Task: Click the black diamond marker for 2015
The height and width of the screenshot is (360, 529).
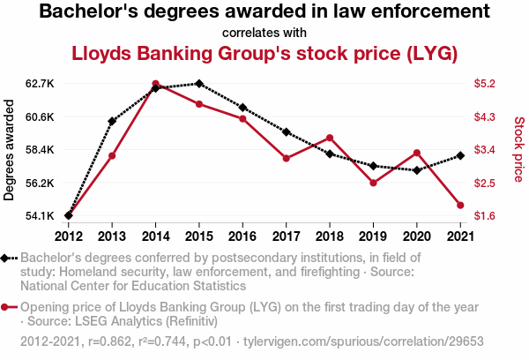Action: point(199,84)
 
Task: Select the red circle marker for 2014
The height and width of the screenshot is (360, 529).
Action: point(155,84)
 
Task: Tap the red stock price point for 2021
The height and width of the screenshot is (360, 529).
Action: point(460,206)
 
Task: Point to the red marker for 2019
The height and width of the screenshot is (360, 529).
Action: point(373,183)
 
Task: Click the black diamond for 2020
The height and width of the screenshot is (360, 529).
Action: point(416,169)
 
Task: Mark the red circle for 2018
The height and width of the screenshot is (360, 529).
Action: point(330,138)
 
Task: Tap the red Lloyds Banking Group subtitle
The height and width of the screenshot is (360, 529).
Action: point(264,54)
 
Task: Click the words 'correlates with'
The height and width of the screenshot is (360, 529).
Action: point(264,33)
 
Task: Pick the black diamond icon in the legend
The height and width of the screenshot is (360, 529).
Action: point(7,259)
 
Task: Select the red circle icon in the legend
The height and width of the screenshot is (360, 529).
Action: point(7,308)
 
